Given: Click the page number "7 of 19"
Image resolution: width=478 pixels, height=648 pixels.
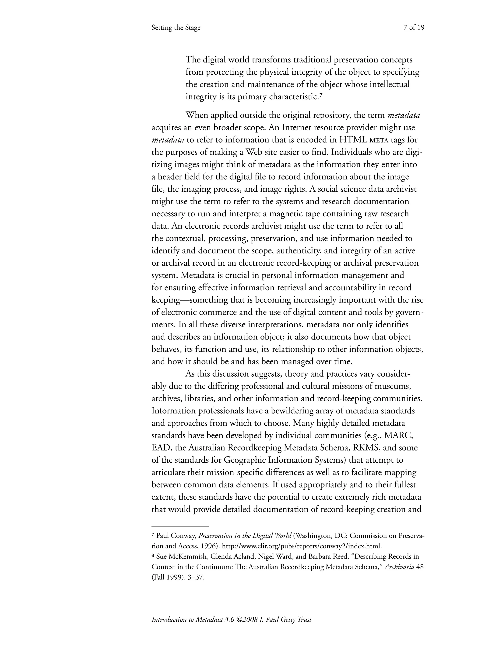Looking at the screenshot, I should click(414, 28).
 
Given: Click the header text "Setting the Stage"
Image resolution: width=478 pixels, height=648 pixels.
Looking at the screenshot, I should click(176, 28).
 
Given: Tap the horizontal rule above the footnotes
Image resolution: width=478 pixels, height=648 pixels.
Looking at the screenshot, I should click(180, 526).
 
